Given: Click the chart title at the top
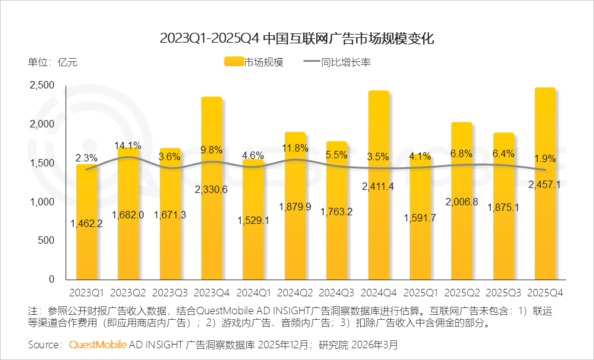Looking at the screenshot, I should pyautogui.click(x=297, y=38).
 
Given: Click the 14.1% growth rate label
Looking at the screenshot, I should pyautogui.click(x=127, y=146).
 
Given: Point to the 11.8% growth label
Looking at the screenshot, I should pyautogui.click(x=295, y=148).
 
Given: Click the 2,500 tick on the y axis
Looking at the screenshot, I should pyautogui.click(x=41, y=85).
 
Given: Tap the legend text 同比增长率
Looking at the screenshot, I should pyautogui.click(x=346, y=62).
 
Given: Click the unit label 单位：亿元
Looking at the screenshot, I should pyautogui.click(x=53, y=62).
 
